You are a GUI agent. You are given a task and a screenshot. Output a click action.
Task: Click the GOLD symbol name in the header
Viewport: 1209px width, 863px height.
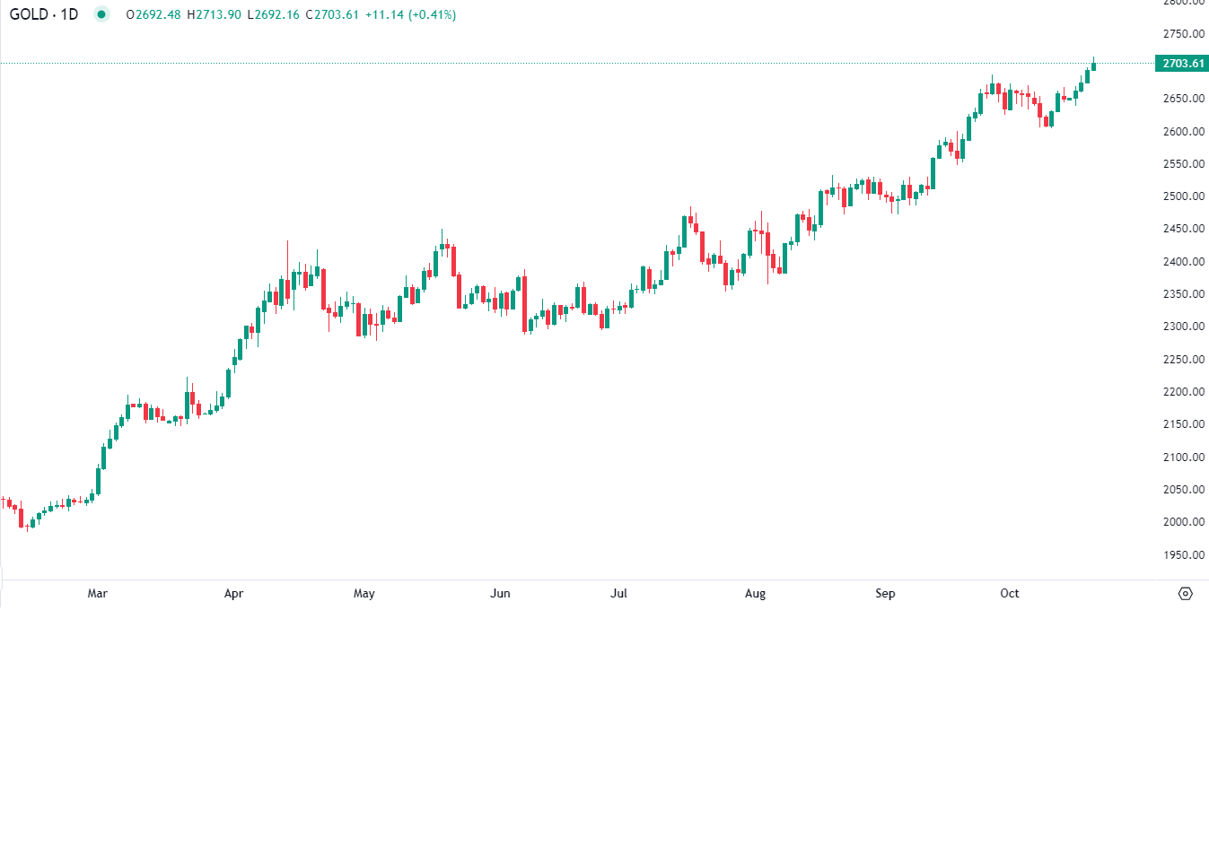(29, 14)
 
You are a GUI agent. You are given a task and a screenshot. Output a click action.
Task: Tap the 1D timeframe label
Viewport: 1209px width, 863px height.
(70, 14)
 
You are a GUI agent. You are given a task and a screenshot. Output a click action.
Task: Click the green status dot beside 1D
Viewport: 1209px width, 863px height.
(101, 14)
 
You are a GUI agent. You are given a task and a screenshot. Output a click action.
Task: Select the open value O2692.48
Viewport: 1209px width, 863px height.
(153, 15)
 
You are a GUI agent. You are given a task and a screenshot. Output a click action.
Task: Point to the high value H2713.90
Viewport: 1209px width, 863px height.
(214, 15)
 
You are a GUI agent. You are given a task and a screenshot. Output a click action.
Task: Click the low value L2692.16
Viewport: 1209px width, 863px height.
(273, 15)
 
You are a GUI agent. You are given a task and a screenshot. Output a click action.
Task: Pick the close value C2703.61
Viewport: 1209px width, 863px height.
(332, 15)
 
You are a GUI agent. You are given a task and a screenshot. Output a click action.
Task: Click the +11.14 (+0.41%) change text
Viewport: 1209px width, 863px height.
(410, 15)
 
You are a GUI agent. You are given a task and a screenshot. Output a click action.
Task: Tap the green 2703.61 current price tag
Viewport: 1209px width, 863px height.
(1182, 64)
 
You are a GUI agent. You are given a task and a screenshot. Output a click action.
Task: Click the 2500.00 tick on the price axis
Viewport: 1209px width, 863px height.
(1183, 196)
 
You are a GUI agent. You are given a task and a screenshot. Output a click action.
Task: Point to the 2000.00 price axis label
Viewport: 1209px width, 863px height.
(1183, 522)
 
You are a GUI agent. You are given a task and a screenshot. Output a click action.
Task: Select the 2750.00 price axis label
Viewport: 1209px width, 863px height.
(1183, 34)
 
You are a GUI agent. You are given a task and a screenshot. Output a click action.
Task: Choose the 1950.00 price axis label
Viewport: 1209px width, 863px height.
(1183, 555)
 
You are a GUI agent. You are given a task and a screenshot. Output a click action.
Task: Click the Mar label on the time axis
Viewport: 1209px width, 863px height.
(98, 594)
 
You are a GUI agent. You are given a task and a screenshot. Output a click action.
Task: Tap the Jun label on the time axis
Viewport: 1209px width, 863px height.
(500, 594)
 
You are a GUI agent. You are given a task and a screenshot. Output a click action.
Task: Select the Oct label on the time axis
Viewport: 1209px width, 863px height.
(1010, 594)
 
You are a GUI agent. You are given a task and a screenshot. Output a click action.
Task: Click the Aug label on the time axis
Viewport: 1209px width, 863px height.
(755, 594)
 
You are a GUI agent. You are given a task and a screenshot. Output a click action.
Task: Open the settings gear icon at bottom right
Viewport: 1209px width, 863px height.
(1186, 594)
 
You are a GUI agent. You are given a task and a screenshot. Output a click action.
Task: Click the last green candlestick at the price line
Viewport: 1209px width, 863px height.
(1093, 65)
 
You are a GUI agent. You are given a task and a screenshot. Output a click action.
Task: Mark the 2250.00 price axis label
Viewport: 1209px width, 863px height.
(1183, 360)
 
